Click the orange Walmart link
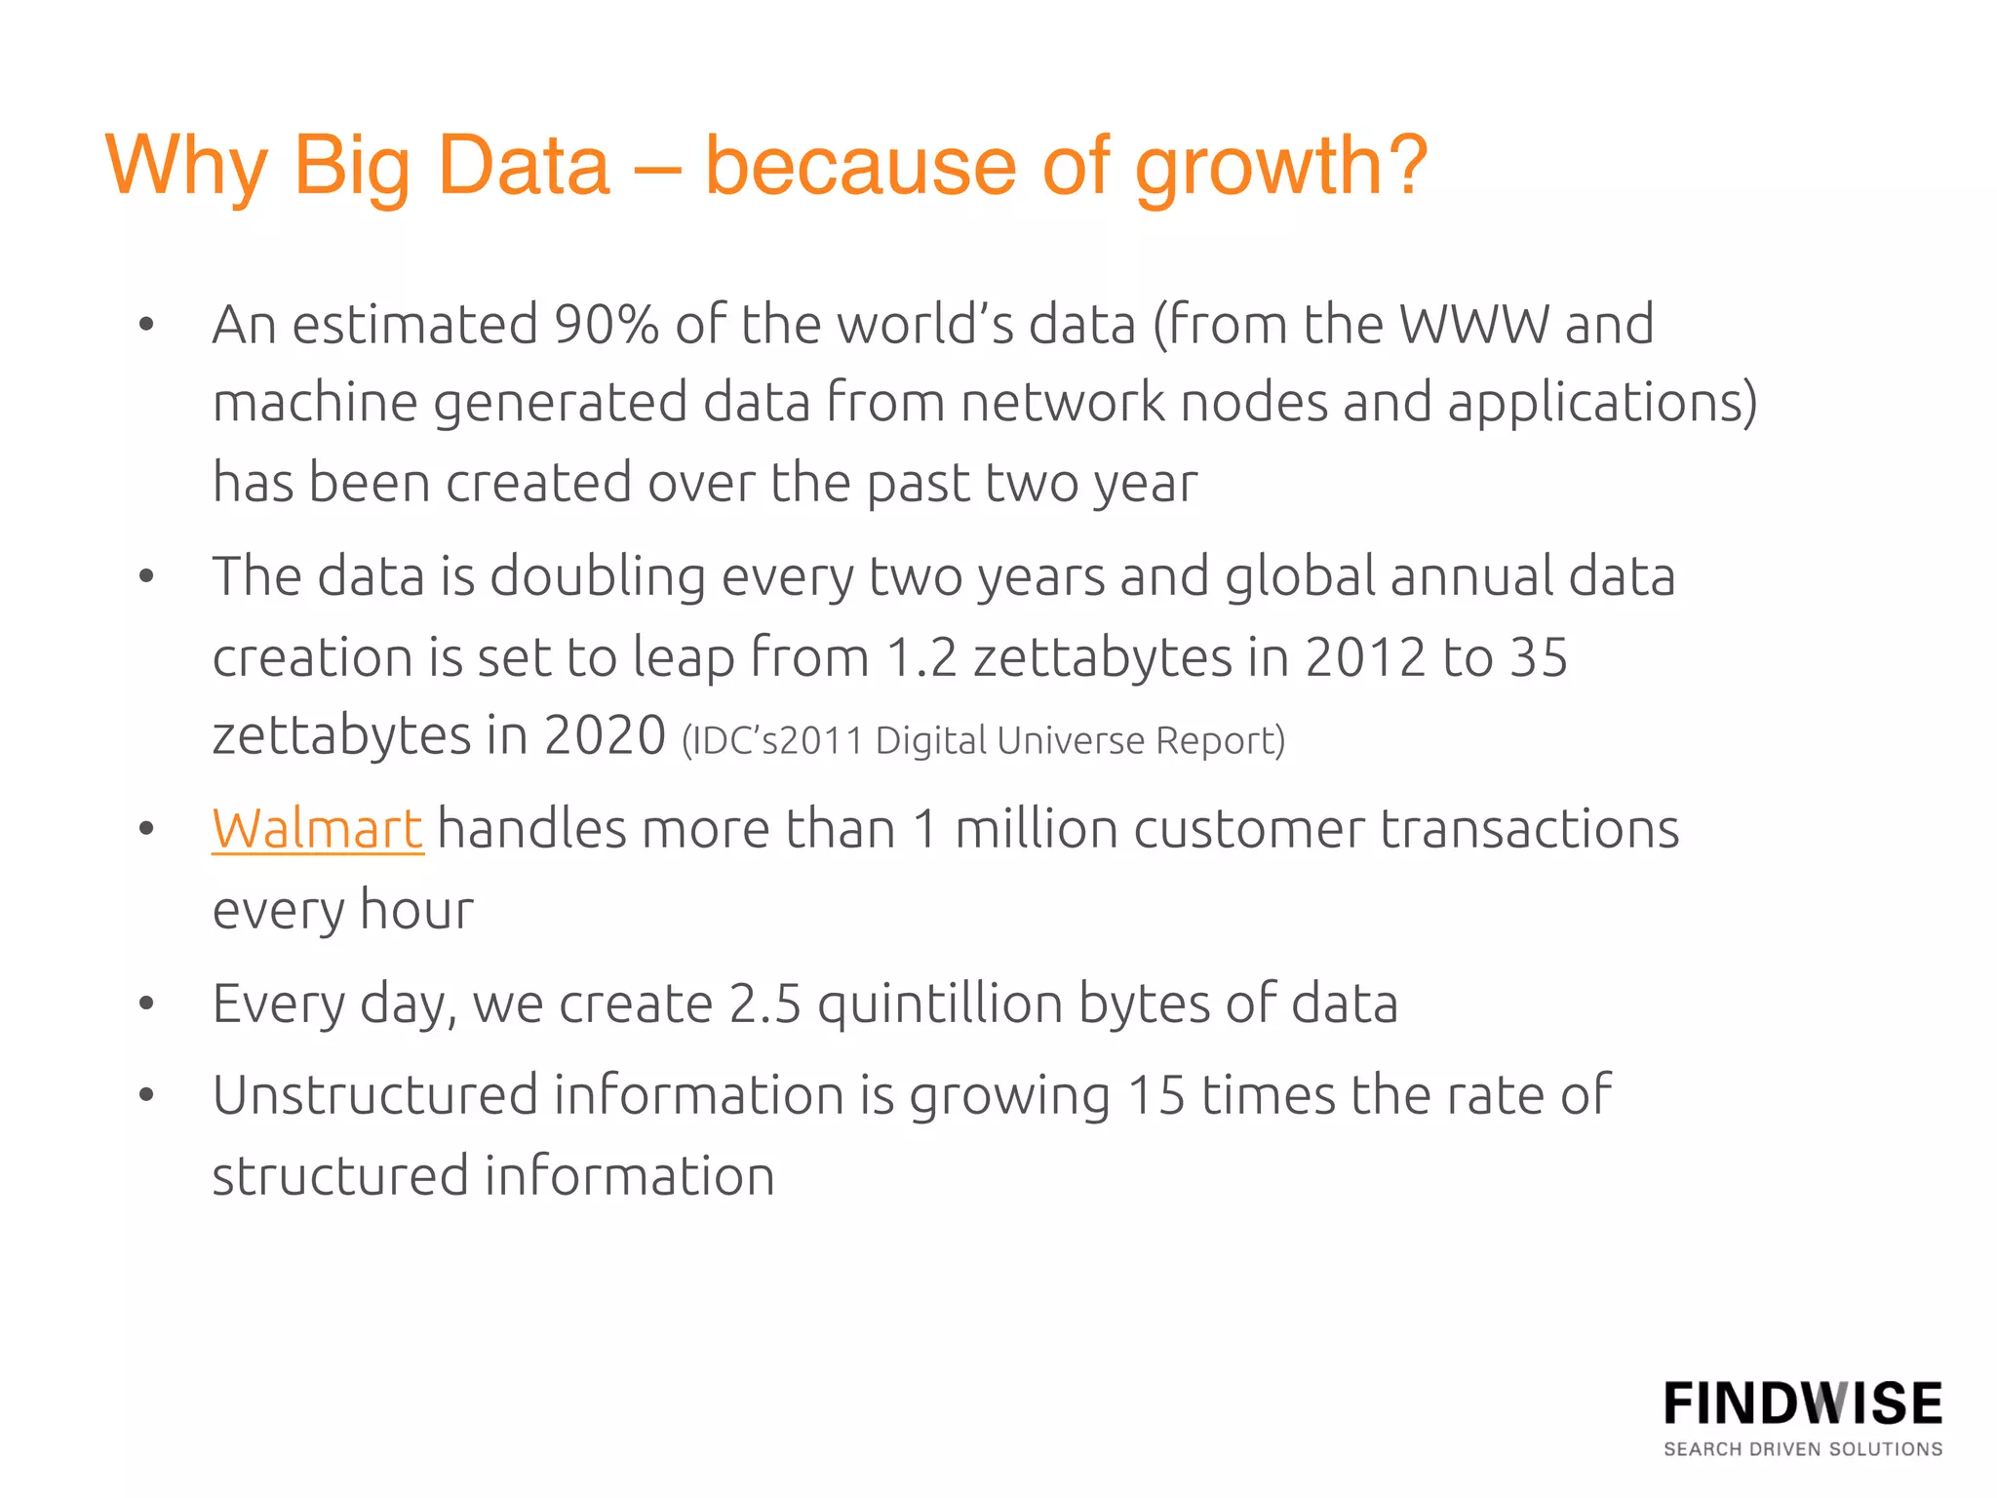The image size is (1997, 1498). click(x=318, y=830)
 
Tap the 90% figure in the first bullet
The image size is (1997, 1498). click(x=606, y=325)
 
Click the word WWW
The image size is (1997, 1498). click(x=1473, y=325)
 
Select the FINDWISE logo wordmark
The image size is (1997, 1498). click(x=1803, y=1404)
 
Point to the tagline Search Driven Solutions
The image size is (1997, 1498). click(x=1803, y=1449)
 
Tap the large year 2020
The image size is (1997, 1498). click(x=605, y=735)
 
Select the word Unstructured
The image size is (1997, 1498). click(x=375, y=1095)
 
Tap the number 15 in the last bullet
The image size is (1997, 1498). click(x=1155, y=1095)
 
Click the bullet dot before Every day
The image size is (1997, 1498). click(x=146, y=1004)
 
